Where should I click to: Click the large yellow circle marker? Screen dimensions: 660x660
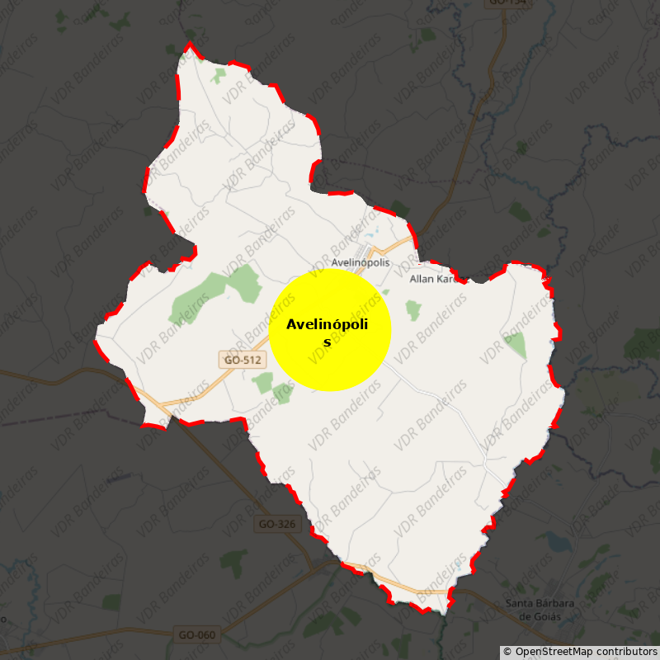click(330, 330)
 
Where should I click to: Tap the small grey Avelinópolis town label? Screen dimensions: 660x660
click(360, 263)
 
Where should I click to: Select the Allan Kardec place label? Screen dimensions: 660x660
click(433, 279)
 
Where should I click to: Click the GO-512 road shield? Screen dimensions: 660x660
click(242, 360)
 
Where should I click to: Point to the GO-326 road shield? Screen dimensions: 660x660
click(276, 524)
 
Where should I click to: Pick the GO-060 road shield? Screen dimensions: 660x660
click(196, 634)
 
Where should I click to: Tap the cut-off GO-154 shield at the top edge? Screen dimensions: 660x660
click(507, 2)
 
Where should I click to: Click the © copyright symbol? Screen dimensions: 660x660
click(507, 652)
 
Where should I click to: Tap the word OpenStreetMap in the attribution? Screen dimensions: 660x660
click(555, 652)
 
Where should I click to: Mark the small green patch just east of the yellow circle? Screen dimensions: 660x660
click(413, 310)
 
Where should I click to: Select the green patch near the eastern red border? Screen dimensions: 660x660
click(516, 345)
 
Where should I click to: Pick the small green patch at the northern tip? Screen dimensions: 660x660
click(218, 76)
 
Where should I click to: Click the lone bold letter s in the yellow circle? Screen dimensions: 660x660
click(327, 342)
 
